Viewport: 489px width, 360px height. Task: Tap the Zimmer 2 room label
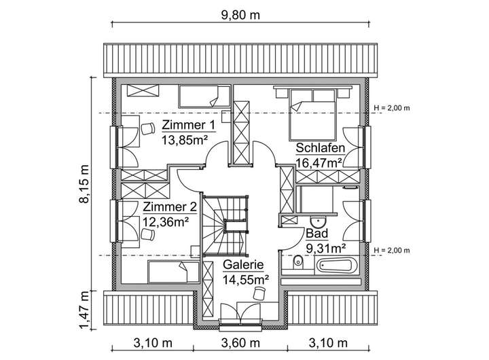coord(169,207)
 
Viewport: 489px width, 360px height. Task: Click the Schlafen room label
coord(319,149)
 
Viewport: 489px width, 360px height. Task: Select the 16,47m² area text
coord(319,163)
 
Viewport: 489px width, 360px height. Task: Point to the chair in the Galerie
coord(258,293)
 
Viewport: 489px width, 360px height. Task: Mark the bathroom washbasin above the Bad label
coord(317,220)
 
